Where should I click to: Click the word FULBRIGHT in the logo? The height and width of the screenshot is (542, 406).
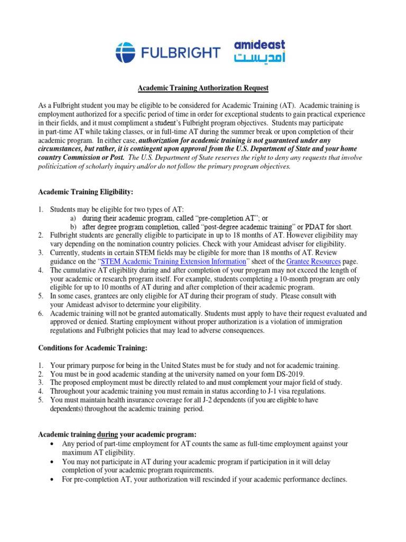click(180, 52)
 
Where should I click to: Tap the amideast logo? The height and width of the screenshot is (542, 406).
click(259, 51)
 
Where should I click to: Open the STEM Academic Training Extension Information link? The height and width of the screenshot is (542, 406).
click(173, 261)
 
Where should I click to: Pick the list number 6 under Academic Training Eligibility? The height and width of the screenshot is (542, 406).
click(40, 313)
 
